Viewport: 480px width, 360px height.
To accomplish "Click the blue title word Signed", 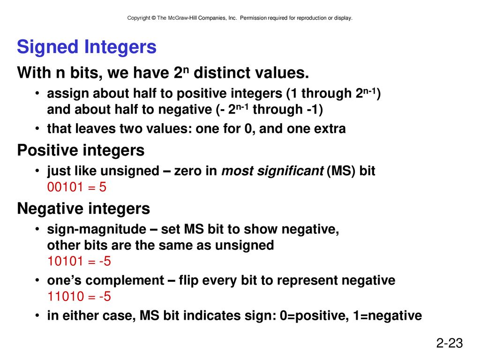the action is click(48, 47).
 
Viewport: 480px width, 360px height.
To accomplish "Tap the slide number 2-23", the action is click(450, 343).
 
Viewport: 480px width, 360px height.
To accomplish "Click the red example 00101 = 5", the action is click(77, 187).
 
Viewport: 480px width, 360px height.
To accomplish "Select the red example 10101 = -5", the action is click(79, 261).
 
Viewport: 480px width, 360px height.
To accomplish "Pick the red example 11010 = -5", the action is click(79, 296).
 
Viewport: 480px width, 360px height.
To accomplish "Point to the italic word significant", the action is click(290, 171).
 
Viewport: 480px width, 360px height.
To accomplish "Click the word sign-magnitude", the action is click(97, 229).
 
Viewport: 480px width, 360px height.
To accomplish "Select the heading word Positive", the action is click(47, 150).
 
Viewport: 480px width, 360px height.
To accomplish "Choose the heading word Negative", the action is click(50, 209).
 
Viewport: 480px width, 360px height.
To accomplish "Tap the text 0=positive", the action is click(315, 316).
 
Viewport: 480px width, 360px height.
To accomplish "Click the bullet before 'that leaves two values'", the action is click(37, 128).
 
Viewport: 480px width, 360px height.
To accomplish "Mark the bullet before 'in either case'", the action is click(37, 315).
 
